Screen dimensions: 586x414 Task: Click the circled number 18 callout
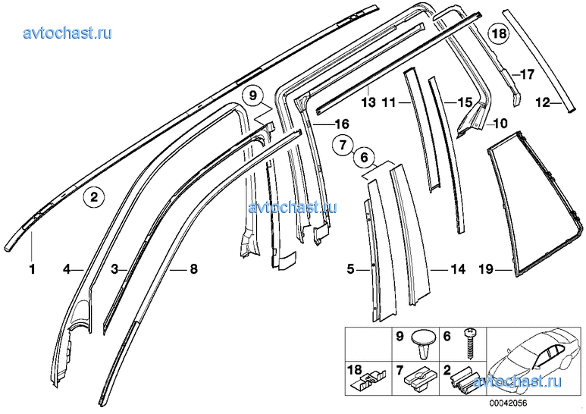coord(499,33)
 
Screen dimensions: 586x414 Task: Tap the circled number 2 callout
coord(94,196)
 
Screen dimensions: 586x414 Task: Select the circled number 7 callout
coord(343,145)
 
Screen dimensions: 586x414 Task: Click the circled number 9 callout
coord(253,96)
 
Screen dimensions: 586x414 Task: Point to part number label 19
coord(486,269)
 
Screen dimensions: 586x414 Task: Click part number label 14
coord(459,268)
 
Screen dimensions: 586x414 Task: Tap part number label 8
coord(193,268)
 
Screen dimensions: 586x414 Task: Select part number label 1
coord(32,268)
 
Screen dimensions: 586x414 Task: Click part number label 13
coord(368,102)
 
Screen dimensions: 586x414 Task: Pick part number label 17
coord(528,75)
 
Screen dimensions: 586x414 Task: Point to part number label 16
coord(342,124)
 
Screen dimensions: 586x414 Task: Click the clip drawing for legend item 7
coord(418,381)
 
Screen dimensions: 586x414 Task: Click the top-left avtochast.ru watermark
coord(67,33)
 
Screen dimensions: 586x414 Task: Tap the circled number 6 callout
coord(364,158)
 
